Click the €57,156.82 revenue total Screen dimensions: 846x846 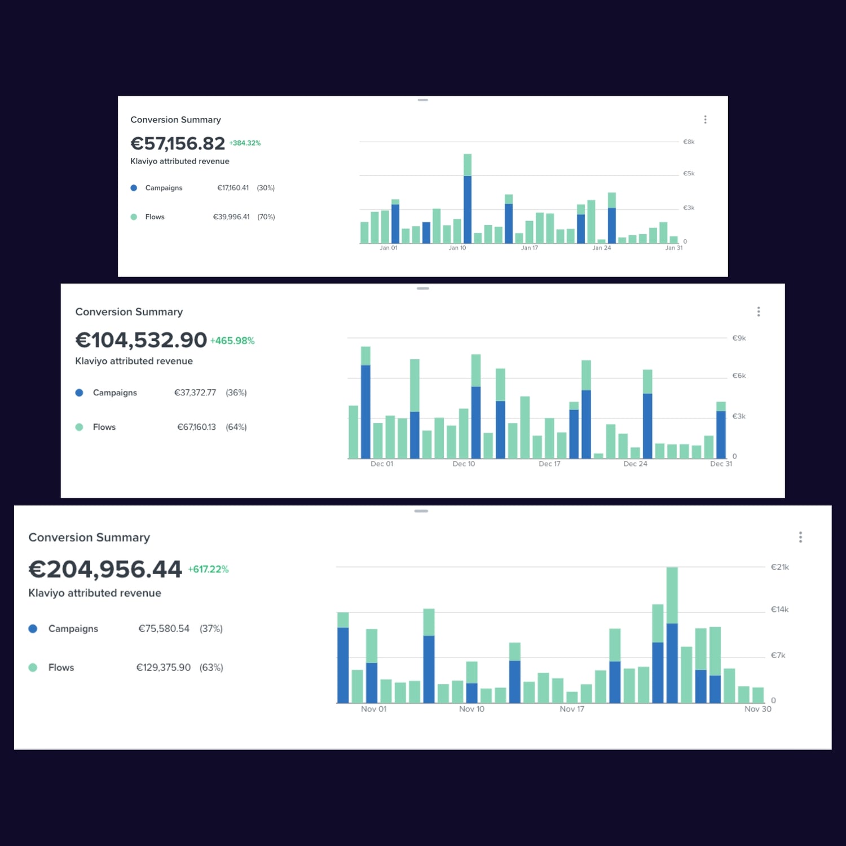[178, 144]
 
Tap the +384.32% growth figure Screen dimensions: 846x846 [245, 143]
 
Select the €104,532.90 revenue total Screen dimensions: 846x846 [141, 340]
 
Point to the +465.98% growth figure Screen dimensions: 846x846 [232, 341]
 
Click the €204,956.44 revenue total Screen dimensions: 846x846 [105, 569]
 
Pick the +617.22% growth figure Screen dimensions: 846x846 [208, 570]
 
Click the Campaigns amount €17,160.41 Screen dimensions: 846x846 [233, 188]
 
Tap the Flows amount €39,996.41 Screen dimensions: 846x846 [231, 217]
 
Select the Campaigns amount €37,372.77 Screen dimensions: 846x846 [195, 393]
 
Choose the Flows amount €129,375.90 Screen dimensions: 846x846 [164, 667]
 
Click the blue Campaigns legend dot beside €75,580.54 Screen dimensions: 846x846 [33, 628]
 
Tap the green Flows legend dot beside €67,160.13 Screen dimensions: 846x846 [80, 427]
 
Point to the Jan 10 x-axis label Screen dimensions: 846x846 [457, 248]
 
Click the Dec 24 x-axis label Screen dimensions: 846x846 [635, 464]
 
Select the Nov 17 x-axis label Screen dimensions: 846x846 [572, 709]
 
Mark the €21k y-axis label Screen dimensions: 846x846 [780, 567]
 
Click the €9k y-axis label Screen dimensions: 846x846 [739, 338]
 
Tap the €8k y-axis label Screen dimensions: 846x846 [689, 142]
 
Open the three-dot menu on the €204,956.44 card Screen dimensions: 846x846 [800, 537]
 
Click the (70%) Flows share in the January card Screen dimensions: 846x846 [266, 217]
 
